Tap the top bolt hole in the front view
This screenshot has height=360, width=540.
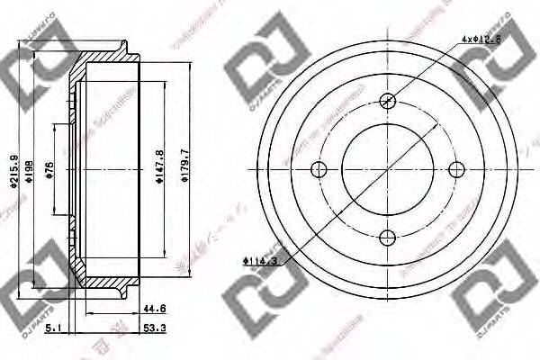tap(387, 101)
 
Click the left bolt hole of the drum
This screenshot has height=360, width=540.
tap(319, 169)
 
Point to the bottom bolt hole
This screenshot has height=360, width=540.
tap(387, 238)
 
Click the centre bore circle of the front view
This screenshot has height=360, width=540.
tap(387, 169)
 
